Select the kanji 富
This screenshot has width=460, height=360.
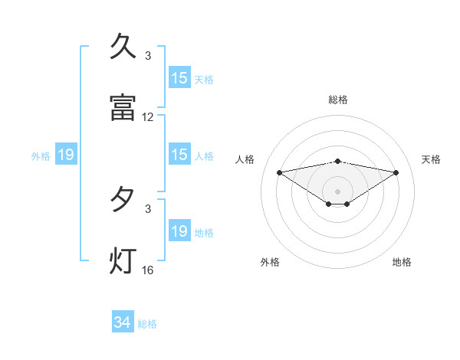tap(123, 107)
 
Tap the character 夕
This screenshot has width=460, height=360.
tap(123, 200)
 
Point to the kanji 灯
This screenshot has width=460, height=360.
tap(123, 260)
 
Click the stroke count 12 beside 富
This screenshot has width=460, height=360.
tap(148, 117)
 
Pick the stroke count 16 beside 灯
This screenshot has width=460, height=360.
tap(148, 270)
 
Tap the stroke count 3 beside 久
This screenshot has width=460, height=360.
tap(148, 56)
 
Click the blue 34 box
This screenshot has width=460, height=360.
tap(122, 323)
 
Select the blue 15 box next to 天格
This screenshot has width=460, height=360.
tap(179, 78)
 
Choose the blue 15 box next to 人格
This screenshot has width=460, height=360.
tap(179, 155)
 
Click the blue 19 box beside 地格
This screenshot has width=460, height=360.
tap(179, 232)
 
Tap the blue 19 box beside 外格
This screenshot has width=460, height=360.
tap(66, 155)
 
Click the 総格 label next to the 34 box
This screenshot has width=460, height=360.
tap(147, 324)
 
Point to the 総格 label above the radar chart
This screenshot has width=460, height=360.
tap(338, 100)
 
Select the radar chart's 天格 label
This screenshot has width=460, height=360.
tap(432, 159)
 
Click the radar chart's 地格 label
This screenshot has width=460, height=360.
tap(402, 262)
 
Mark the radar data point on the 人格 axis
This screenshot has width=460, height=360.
tap(280, 172)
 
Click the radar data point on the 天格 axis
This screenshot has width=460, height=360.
tap(396, 172)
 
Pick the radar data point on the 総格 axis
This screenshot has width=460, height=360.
tap(338, 161)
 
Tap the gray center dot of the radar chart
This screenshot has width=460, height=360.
tap(338, 191)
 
